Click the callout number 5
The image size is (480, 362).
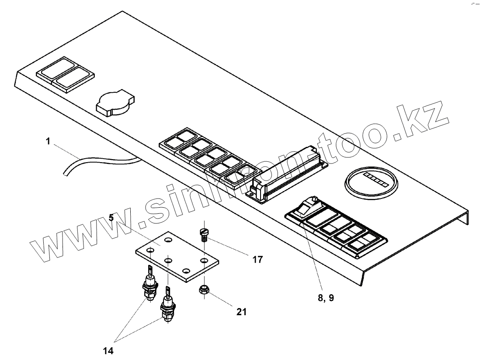click(111, 217)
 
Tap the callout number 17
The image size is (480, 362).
click(257, 260)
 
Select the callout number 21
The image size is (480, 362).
click(241, 312)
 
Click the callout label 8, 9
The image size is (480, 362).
click(327, 298)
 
